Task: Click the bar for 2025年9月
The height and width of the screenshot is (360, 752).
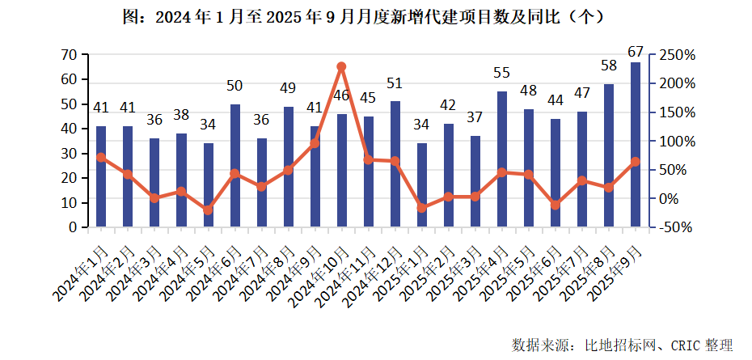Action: (x=636, y=144)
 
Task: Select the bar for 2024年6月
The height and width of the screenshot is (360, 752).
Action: (x=234, y=165)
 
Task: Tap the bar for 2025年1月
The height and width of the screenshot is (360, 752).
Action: (x=421, y=184)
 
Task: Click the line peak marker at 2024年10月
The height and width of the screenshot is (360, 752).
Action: (x=341, y=66)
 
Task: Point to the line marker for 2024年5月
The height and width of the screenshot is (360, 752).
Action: (x=208, y=210)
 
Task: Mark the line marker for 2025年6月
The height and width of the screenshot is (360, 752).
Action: (x=556, y=205)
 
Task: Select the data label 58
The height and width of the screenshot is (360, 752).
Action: (x=609, y=65)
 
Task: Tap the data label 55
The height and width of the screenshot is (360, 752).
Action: (x=502, y=73)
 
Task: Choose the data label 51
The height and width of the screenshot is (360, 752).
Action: (x=395, y=83)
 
